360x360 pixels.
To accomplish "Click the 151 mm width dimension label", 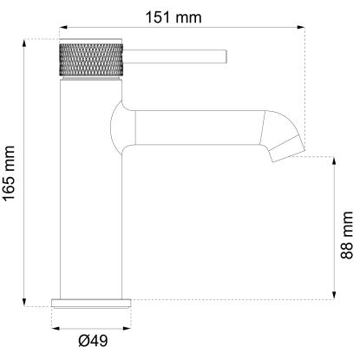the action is pos(173,17).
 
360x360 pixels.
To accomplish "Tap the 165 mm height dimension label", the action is pos(9,173).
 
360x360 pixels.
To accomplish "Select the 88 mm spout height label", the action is pos(347,235).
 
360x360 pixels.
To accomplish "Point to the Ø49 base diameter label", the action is pos(93,341).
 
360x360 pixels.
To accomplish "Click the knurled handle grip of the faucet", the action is pos(91,60).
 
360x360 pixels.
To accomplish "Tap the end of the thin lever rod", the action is pos(226,56).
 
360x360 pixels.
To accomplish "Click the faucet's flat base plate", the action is pos(91,303).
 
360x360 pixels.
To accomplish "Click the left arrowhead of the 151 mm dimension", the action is pos(63,28).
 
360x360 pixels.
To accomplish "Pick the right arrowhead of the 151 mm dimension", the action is pos(301,28).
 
